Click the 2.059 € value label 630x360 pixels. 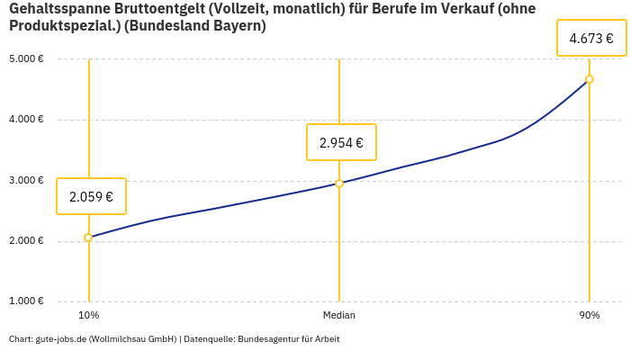click(x=91, y=196)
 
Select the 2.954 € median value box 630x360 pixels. click(x=341, y=142)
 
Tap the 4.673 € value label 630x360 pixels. click(x=591, y=39)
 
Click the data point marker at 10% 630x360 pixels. click(x=88, y=238)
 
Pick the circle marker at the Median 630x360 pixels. click(x=339, y=184)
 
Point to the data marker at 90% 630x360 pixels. click(x=589, y=79)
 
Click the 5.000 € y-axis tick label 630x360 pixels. click(x=27, y=59)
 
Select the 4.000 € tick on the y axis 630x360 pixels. click(x=27, y=120)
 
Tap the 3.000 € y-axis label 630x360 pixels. click(x=27, y=180)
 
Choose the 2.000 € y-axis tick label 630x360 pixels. click(x=27, y=240)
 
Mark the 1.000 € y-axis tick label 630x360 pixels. click(x=27, y=301)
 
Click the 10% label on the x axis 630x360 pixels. click(x=88, y=315)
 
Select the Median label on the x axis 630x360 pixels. click(x=339, y=315)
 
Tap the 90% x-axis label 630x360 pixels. click(x=589, y=315)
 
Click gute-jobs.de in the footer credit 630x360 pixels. click(x=60, y=339)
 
